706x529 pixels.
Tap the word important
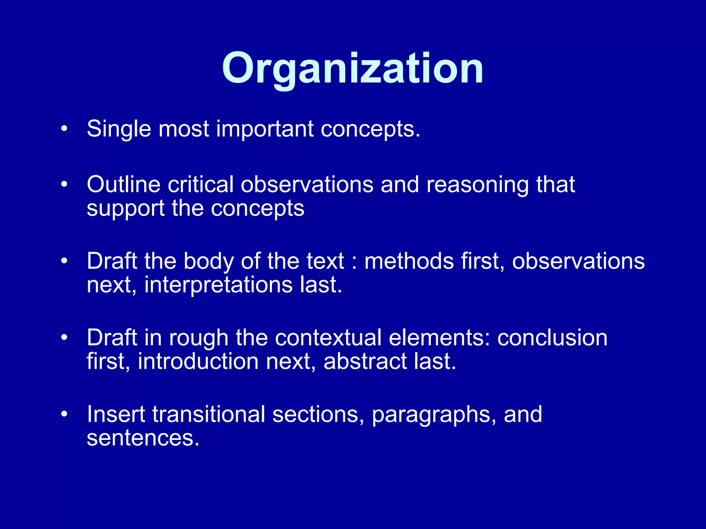[x=265, y=129]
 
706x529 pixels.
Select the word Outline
[x=123, y=185]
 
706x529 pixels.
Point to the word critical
[x=201, y=185]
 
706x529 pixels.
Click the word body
[x=209, y=261]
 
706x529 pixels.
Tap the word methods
[x=409, y=261]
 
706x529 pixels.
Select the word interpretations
[x=218, y=285]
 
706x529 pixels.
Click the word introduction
[x=198, y=362]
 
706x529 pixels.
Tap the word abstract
[x=365, y=362]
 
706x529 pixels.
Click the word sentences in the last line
[x=143, y=438]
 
